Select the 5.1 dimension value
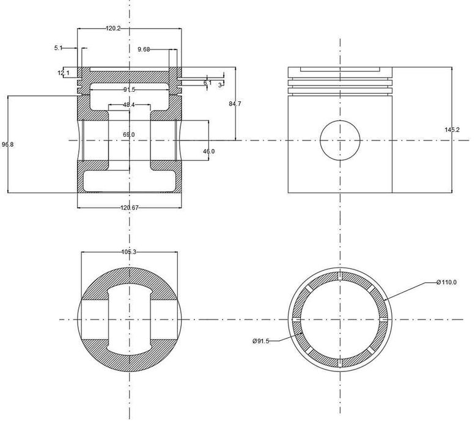[x=58, y=48]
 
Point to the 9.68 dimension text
[x=145, y=49]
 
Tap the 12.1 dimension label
[x=64, y=73]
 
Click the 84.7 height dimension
[x=235, y=104]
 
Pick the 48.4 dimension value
[x=129, y=105]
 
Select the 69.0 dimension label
[x=129, y=134]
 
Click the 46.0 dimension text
[x=208, y=151]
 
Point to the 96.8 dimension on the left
[x=7, y=144]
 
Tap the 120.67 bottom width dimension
[x=130, y=208]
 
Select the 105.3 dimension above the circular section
[x=128, y=252]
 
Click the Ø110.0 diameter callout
[x=447, y=282]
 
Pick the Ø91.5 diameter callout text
[x=262, y=341]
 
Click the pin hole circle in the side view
[x=340, y=140]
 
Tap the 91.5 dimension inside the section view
[x=129, y=90]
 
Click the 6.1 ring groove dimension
[x=207, y=82]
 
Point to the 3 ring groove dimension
[x=220, y=86]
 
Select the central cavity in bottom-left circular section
[x=129, y=319]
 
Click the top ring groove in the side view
[x=340, y=78]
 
